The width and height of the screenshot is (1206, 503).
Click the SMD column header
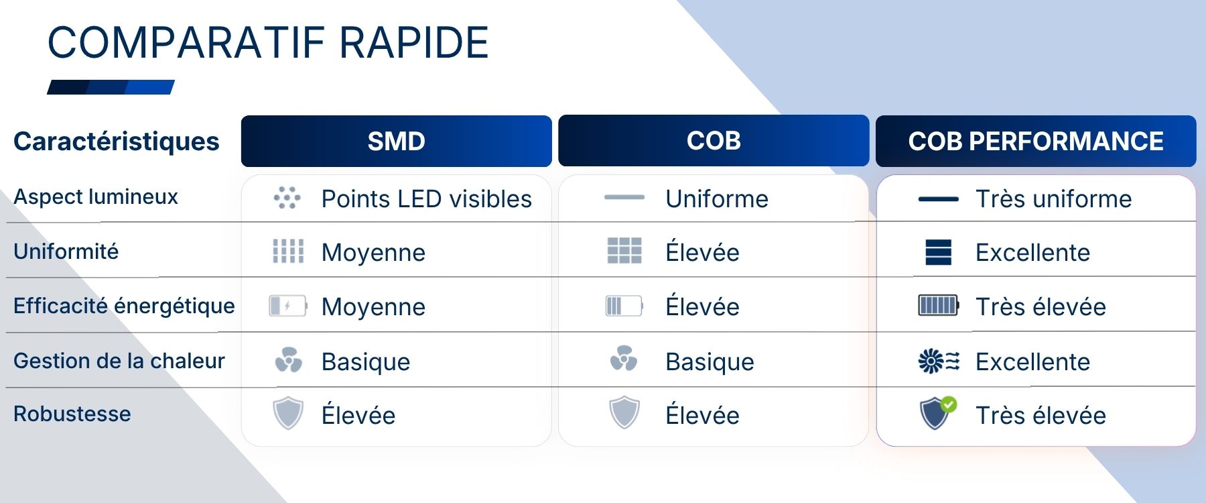(x=397, y=141)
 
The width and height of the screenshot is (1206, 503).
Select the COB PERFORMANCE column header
(x=1036, y=141)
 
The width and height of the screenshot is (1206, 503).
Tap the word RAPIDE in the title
(x=414, y=43)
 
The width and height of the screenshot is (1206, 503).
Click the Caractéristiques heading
(x=117, y=142)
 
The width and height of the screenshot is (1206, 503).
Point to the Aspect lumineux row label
(x=96, y=197)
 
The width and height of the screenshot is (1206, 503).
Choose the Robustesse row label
(x=72, y=414)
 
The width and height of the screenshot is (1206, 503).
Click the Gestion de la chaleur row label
(x=119, y=361)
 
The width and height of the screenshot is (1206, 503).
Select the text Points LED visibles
(x=427, y=199)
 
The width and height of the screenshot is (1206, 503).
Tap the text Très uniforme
(x=1054, y=199)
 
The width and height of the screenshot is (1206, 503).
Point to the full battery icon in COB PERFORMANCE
(x=939, y=306)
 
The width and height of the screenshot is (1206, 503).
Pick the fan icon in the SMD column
(x=289, y=360)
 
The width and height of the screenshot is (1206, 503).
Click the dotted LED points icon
(x=287, y=198)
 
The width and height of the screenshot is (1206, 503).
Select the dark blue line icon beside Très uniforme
(x=938, y=199)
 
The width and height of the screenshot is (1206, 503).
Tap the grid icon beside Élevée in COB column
(x=624, y=250)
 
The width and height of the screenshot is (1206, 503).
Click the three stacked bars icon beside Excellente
(x=938, y=252)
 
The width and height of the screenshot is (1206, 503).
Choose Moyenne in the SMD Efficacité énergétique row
(x=374, y=307)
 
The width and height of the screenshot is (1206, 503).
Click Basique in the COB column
(x=710, y=362)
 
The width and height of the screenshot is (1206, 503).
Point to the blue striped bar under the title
(x=111, y=87)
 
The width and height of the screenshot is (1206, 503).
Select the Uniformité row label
(x=66, y=251)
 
